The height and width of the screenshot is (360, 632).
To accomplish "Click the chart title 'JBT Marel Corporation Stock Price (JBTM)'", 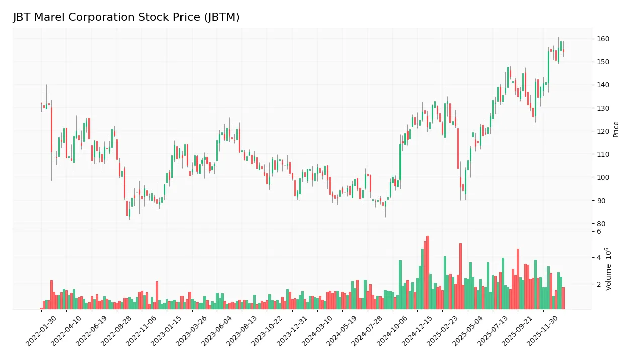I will click(126, 17).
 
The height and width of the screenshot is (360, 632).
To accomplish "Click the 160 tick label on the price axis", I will click(603, 39).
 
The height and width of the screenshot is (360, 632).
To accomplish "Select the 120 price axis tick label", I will click(603, 131).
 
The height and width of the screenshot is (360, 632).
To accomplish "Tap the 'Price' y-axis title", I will click(616, 129).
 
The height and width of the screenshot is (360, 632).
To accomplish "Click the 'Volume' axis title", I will click(609, 269).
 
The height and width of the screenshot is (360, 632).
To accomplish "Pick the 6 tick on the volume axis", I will click(599, 232).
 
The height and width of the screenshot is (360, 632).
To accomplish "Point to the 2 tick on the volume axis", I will click(599, 284).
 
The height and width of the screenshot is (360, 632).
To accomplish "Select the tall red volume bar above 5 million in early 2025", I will click(460, 276).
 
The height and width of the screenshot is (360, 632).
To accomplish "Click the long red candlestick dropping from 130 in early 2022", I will click(51, 130).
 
